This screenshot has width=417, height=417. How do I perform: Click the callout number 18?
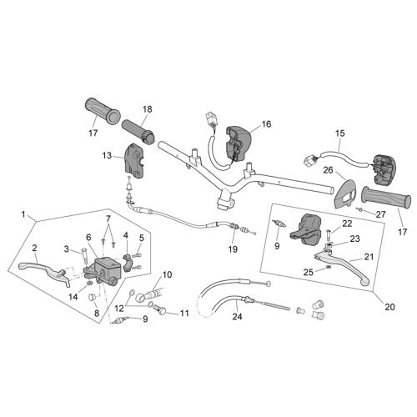(x=148, y=109)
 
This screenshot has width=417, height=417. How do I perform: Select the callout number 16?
(x=266, y=124)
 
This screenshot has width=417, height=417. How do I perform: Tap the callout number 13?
(x=107, y=156)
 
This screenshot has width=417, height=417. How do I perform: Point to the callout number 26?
(x=329, y=170)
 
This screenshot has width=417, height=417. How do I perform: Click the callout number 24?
(x=237, y=316)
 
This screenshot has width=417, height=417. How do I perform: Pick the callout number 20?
(x=389, y=307)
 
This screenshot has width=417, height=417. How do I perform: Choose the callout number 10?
(x=167, y=274)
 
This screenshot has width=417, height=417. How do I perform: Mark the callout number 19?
(x=233, y=249)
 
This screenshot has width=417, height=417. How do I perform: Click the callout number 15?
(x=340, y=133)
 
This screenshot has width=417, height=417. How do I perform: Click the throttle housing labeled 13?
(x=134, y=161)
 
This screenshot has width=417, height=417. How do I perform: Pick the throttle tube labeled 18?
(x=138, y=131)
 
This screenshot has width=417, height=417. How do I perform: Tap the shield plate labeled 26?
(x=344, y=193)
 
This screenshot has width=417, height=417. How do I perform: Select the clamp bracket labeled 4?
(x=128, y=263)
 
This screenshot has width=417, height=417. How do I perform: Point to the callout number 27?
(x=380, y=214)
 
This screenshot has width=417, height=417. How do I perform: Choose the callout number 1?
(x=23, y=214)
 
